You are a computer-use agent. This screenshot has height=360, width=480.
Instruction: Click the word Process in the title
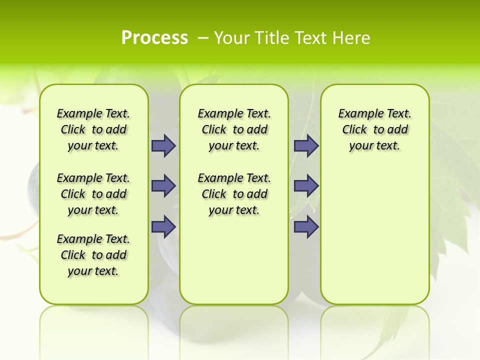coord(154,38)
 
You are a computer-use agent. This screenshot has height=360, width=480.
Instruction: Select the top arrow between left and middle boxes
coord(163,146)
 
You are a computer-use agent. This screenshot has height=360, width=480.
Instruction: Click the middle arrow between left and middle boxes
coord(163,186)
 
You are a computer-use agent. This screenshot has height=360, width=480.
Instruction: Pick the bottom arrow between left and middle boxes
coord(163,226)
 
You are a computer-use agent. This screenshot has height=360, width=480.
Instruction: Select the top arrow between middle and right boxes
coord(306,146)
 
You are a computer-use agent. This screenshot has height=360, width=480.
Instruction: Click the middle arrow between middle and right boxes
coord(306,186)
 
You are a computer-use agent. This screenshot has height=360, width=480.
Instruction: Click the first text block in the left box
coord(93,129)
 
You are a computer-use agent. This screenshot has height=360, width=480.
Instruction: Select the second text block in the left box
coord(93,194)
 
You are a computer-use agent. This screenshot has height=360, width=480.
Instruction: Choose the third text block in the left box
coord(93,255)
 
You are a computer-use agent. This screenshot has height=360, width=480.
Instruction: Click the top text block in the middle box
coord(234,129)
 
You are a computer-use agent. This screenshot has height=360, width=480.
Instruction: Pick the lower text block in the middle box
coord(234,194)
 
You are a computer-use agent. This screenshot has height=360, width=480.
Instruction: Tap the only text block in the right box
coord(374,129)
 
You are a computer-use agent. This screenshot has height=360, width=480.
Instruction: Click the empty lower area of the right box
coord(374,240)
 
